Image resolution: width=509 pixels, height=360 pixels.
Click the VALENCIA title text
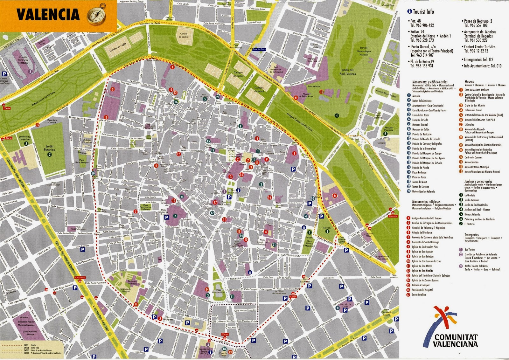click(48, 15)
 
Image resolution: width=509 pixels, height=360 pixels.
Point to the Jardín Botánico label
click(49, 148)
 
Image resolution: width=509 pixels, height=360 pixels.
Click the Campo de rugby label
click(117, 47)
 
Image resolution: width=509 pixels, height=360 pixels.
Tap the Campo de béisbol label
click(184, 35)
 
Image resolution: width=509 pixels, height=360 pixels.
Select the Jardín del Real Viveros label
click(347, 72)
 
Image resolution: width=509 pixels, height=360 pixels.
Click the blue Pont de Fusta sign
click(259, 50)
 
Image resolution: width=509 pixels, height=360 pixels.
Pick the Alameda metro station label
click(393, 216)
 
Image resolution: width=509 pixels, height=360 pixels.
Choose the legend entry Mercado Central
click(420, 125)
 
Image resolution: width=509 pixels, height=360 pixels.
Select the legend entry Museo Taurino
click(471, 162)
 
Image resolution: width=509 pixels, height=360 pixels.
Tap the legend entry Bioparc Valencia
click(472, 214)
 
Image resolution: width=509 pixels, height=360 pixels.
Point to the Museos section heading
click(469, 82)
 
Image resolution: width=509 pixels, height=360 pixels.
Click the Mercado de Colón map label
click(345, 306)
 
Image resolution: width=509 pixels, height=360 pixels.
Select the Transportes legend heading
click(471, 235)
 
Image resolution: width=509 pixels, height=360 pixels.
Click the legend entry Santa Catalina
click(419, 294)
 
